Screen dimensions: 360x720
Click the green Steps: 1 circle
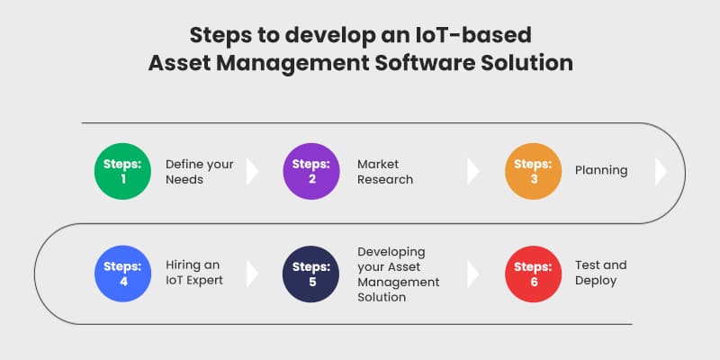click(122, 171)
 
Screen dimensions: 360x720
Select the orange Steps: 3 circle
click(532, 171)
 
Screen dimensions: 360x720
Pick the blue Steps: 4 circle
click(122, 274)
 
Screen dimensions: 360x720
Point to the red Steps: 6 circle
click(532, 274)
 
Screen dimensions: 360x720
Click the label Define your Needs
click(199, 171)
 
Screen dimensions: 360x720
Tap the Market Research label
click(385, 171)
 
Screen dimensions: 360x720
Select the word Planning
click(601, 170)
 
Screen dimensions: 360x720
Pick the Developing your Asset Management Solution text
click(399, 274)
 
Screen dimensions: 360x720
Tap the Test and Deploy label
click(601, 274)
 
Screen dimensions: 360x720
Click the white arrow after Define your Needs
click(252, 171)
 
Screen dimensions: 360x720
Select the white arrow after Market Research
click(473, 171)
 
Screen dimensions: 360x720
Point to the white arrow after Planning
click(661, 171)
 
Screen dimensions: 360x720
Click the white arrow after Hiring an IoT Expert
click(252, 274)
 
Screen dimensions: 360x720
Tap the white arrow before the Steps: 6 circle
click(473, 274)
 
